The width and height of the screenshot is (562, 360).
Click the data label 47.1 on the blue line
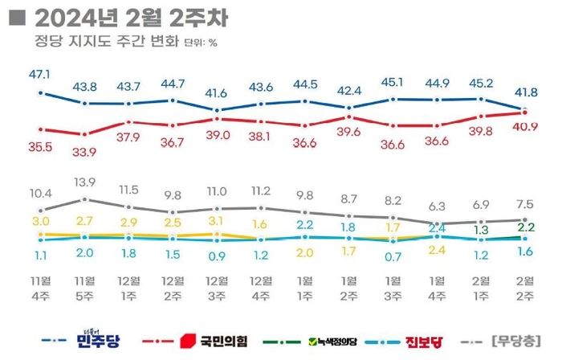(40, 74)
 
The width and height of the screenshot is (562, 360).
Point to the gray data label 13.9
(84, 182)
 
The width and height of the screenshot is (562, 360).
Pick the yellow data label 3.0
(40, 220)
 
